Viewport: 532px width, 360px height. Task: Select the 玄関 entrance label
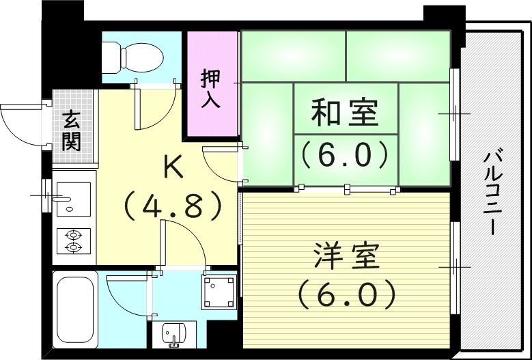[71, 131]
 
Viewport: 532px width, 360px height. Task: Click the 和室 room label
[344, 113]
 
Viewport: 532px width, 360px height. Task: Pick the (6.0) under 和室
[345, 155]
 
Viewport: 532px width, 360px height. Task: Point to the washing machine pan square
[219, 291]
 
